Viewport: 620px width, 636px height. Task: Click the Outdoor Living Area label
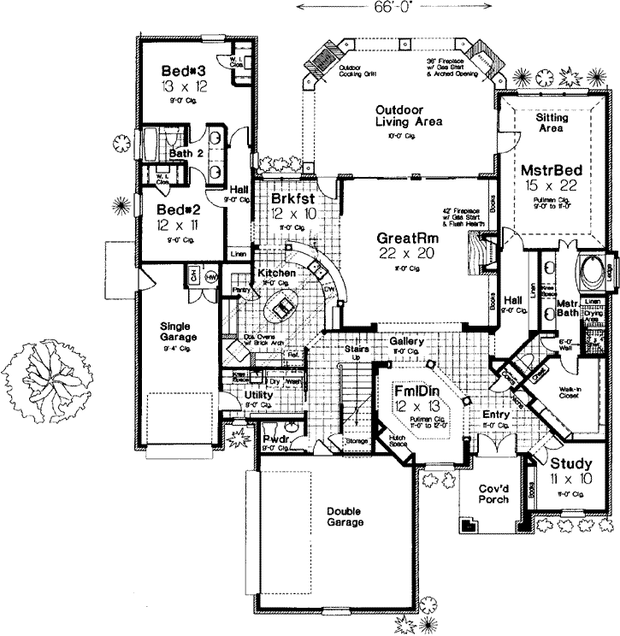coord(407,116)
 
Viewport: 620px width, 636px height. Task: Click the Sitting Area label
coord(553,121)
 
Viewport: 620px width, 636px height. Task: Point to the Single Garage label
coord(179,331)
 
